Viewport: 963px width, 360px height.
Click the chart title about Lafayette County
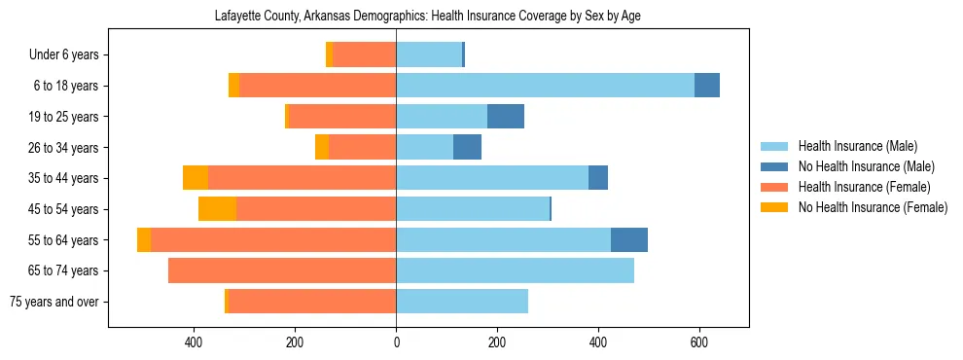[x=427, y=17]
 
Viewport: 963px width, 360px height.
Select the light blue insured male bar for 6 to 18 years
[x=545, y=86]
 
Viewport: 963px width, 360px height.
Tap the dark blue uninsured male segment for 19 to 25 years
[x=505, y=117]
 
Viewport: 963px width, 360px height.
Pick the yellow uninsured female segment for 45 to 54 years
[x=217, y=209]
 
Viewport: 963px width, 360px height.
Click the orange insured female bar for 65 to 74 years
[x=282, y=270]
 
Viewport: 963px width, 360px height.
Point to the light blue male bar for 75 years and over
[x=462, y=302]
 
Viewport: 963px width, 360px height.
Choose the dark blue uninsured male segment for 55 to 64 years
[x=628, y=240]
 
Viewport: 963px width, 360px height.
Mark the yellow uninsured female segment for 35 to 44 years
[x=196, y=178]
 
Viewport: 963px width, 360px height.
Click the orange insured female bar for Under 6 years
[x=364, y=54]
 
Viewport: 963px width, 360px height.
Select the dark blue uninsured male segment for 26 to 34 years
[x=467, y=148]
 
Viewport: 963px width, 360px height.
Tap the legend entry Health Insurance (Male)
[x=857, y=147]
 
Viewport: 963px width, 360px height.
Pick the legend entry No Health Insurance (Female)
[x=873, y=207]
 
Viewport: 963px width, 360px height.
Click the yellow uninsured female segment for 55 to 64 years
[x=144, y=240]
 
